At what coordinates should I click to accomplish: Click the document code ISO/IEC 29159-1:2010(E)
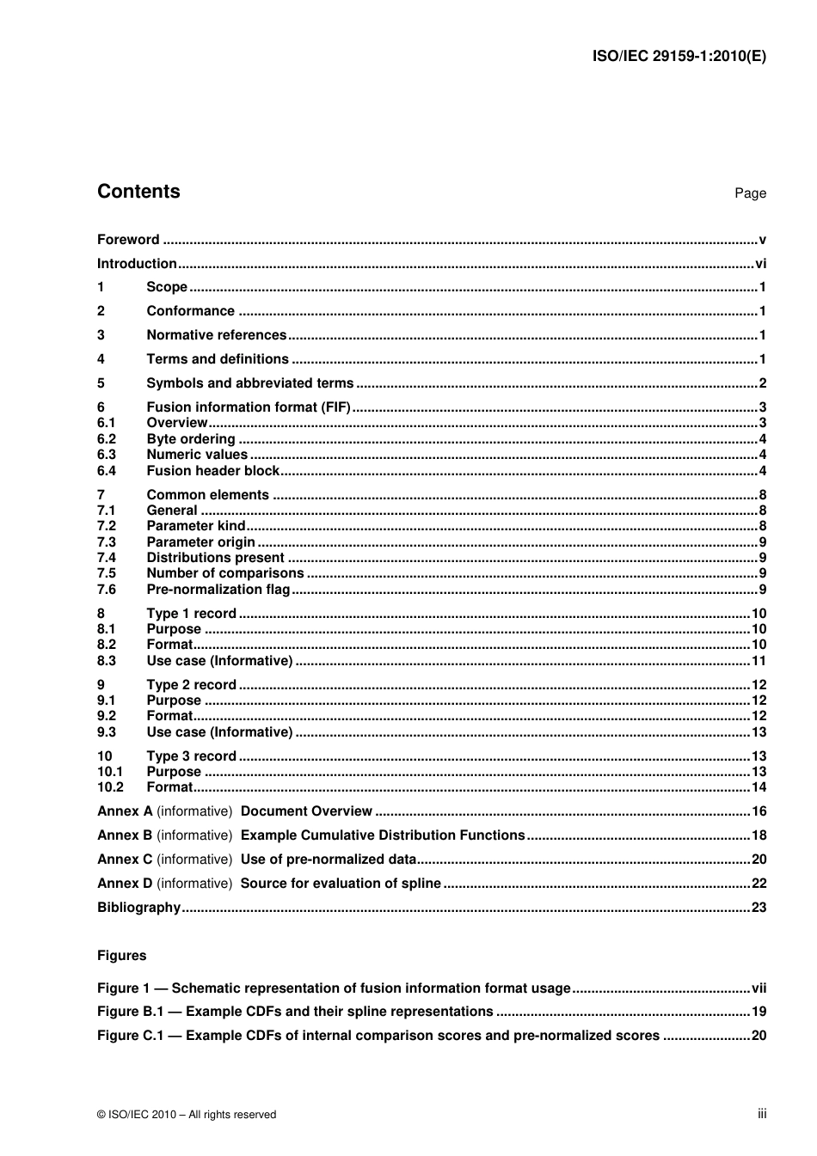pos(679,57)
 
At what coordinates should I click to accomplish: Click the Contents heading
pos(138,192)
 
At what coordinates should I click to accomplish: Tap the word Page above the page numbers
pos(750,193)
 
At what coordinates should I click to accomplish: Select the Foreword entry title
pos(128,240)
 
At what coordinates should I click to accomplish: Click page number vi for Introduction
pos(760,264)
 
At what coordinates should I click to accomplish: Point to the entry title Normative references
pos(216,335)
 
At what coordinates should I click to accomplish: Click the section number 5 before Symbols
pos(101,383)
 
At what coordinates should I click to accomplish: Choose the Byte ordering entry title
pos(190,439)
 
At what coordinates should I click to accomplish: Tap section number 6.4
pos(107,471)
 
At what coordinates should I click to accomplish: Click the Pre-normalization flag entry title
pos(218,590)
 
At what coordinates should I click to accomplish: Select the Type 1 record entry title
pos(191,614)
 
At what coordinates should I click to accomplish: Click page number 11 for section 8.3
pos(759,661)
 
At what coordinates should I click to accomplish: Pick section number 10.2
pos(110,787)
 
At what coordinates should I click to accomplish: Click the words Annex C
pos(125,859)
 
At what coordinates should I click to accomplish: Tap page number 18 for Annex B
pos(759,835)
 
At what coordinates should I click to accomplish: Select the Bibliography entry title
pos(138,908)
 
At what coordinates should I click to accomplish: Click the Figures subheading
pos(121,956)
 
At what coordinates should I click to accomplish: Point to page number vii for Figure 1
pos(759,988)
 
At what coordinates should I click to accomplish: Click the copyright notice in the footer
pos(187,1115)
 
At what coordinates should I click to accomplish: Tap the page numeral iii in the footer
pos(762,1114)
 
